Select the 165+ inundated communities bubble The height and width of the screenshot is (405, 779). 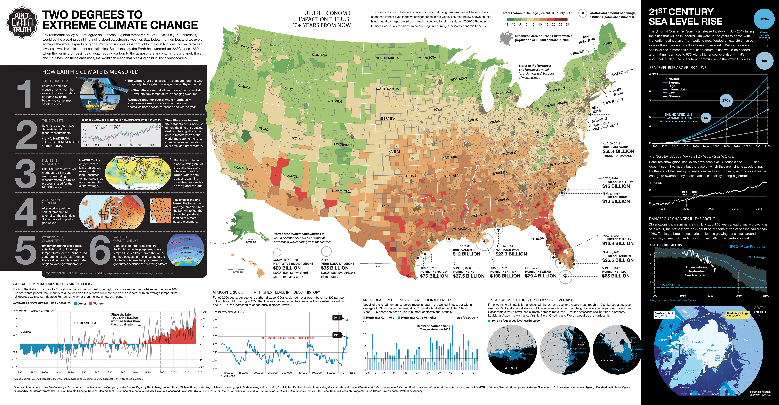pyautogui.click(x=706, y=118)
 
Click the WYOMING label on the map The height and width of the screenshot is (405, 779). pyautogui.click(x=335, y=101)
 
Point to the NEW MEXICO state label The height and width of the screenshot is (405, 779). pyautogui.click(x=341, y=191)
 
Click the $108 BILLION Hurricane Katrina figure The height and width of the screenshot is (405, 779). pyautogui.click(x=505, y=276)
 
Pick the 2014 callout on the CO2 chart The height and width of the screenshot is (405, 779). pyautogui.click(x=337, y=318)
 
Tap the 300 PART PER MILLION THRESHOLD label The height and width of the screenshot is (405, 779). pyautogui.click(x=288, y=338)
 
